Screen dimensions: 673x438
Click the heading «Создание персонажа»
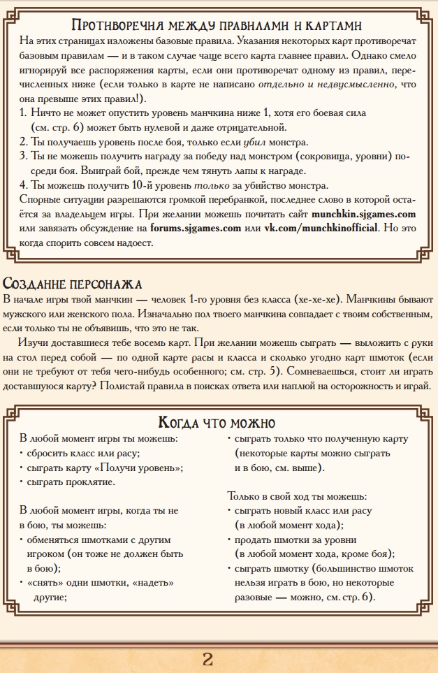point(72,284)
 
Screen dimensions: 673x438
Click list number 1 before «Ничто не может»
point(22,113)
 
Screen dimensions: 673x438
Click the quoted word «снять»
point(43,583)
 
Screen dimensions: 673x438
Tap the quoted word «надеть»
point(151,583)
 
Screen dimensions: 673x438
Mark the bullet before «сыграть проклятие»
point(22,482)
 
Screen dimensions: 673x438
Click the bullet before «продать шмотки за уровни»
point(230,540)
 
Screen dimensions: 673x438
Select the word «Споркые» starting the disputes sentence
point(38,199)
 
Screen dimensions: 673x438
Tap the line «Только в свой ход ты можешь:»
point(296,496)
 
